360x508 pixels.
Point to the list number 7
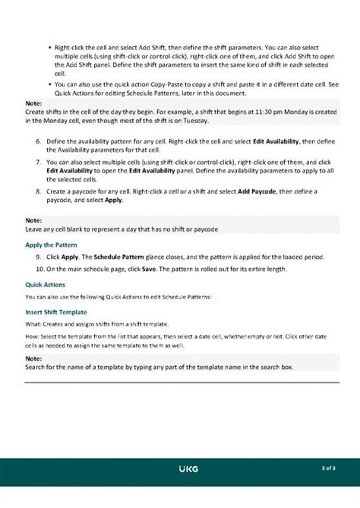39,162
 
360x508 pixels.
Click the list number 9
39,257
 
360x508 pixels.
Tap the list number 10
40,270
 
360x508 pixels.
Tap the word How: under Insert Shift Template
33,336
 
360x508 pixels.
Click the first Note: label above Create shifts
33,103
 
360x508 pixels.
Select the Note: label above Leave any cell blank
33,221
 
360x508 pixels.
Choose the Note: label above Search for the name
33,358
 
